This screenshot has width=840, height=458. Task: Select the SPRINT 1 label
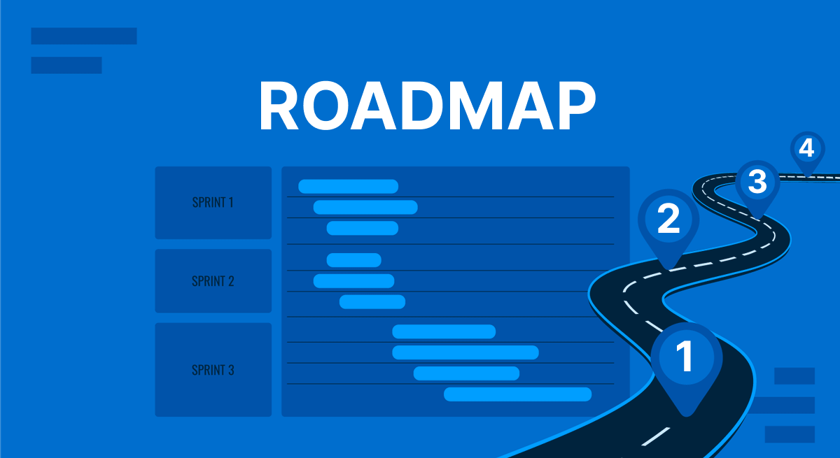(x=213, y=203)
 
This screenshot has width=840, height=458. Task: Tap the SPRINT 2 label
(x=213, y=281)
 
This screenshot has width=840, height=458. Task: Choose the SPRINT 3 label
(x=213, y=370)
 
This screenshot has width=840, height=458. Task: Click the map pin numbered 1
(x=686, y=357)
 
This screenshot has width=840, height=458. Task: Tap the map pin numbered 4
(x=807, y=149)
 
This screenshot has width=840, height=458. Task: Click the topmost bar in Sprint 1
(x=348, y=186)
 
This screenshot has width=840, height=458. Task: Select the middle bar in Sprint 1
(x=365, y=207)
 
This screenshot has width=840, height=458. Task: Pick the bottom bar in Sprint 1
(x=362, y=228)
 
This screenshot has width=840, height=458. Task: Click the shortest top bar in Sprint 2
(x=353, y=260)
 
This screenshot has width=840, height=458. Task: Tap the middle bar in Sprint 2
(x=353, y=281)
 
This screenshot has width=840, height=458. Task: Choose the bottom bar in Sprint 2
(x=372, y=302)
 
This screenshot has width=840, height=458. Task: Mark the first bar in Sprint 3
(x=444, y=331)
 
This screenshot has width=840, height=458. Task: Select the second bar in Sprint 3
(x=465, y=352)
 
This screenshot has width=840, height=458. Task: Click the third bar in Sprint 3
(x=466, y=373)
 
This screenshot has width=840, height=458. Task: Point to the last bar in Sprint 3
(x=518, y=394)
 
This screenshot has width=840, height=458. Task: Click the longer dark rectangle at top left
(x=84, y=36)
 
